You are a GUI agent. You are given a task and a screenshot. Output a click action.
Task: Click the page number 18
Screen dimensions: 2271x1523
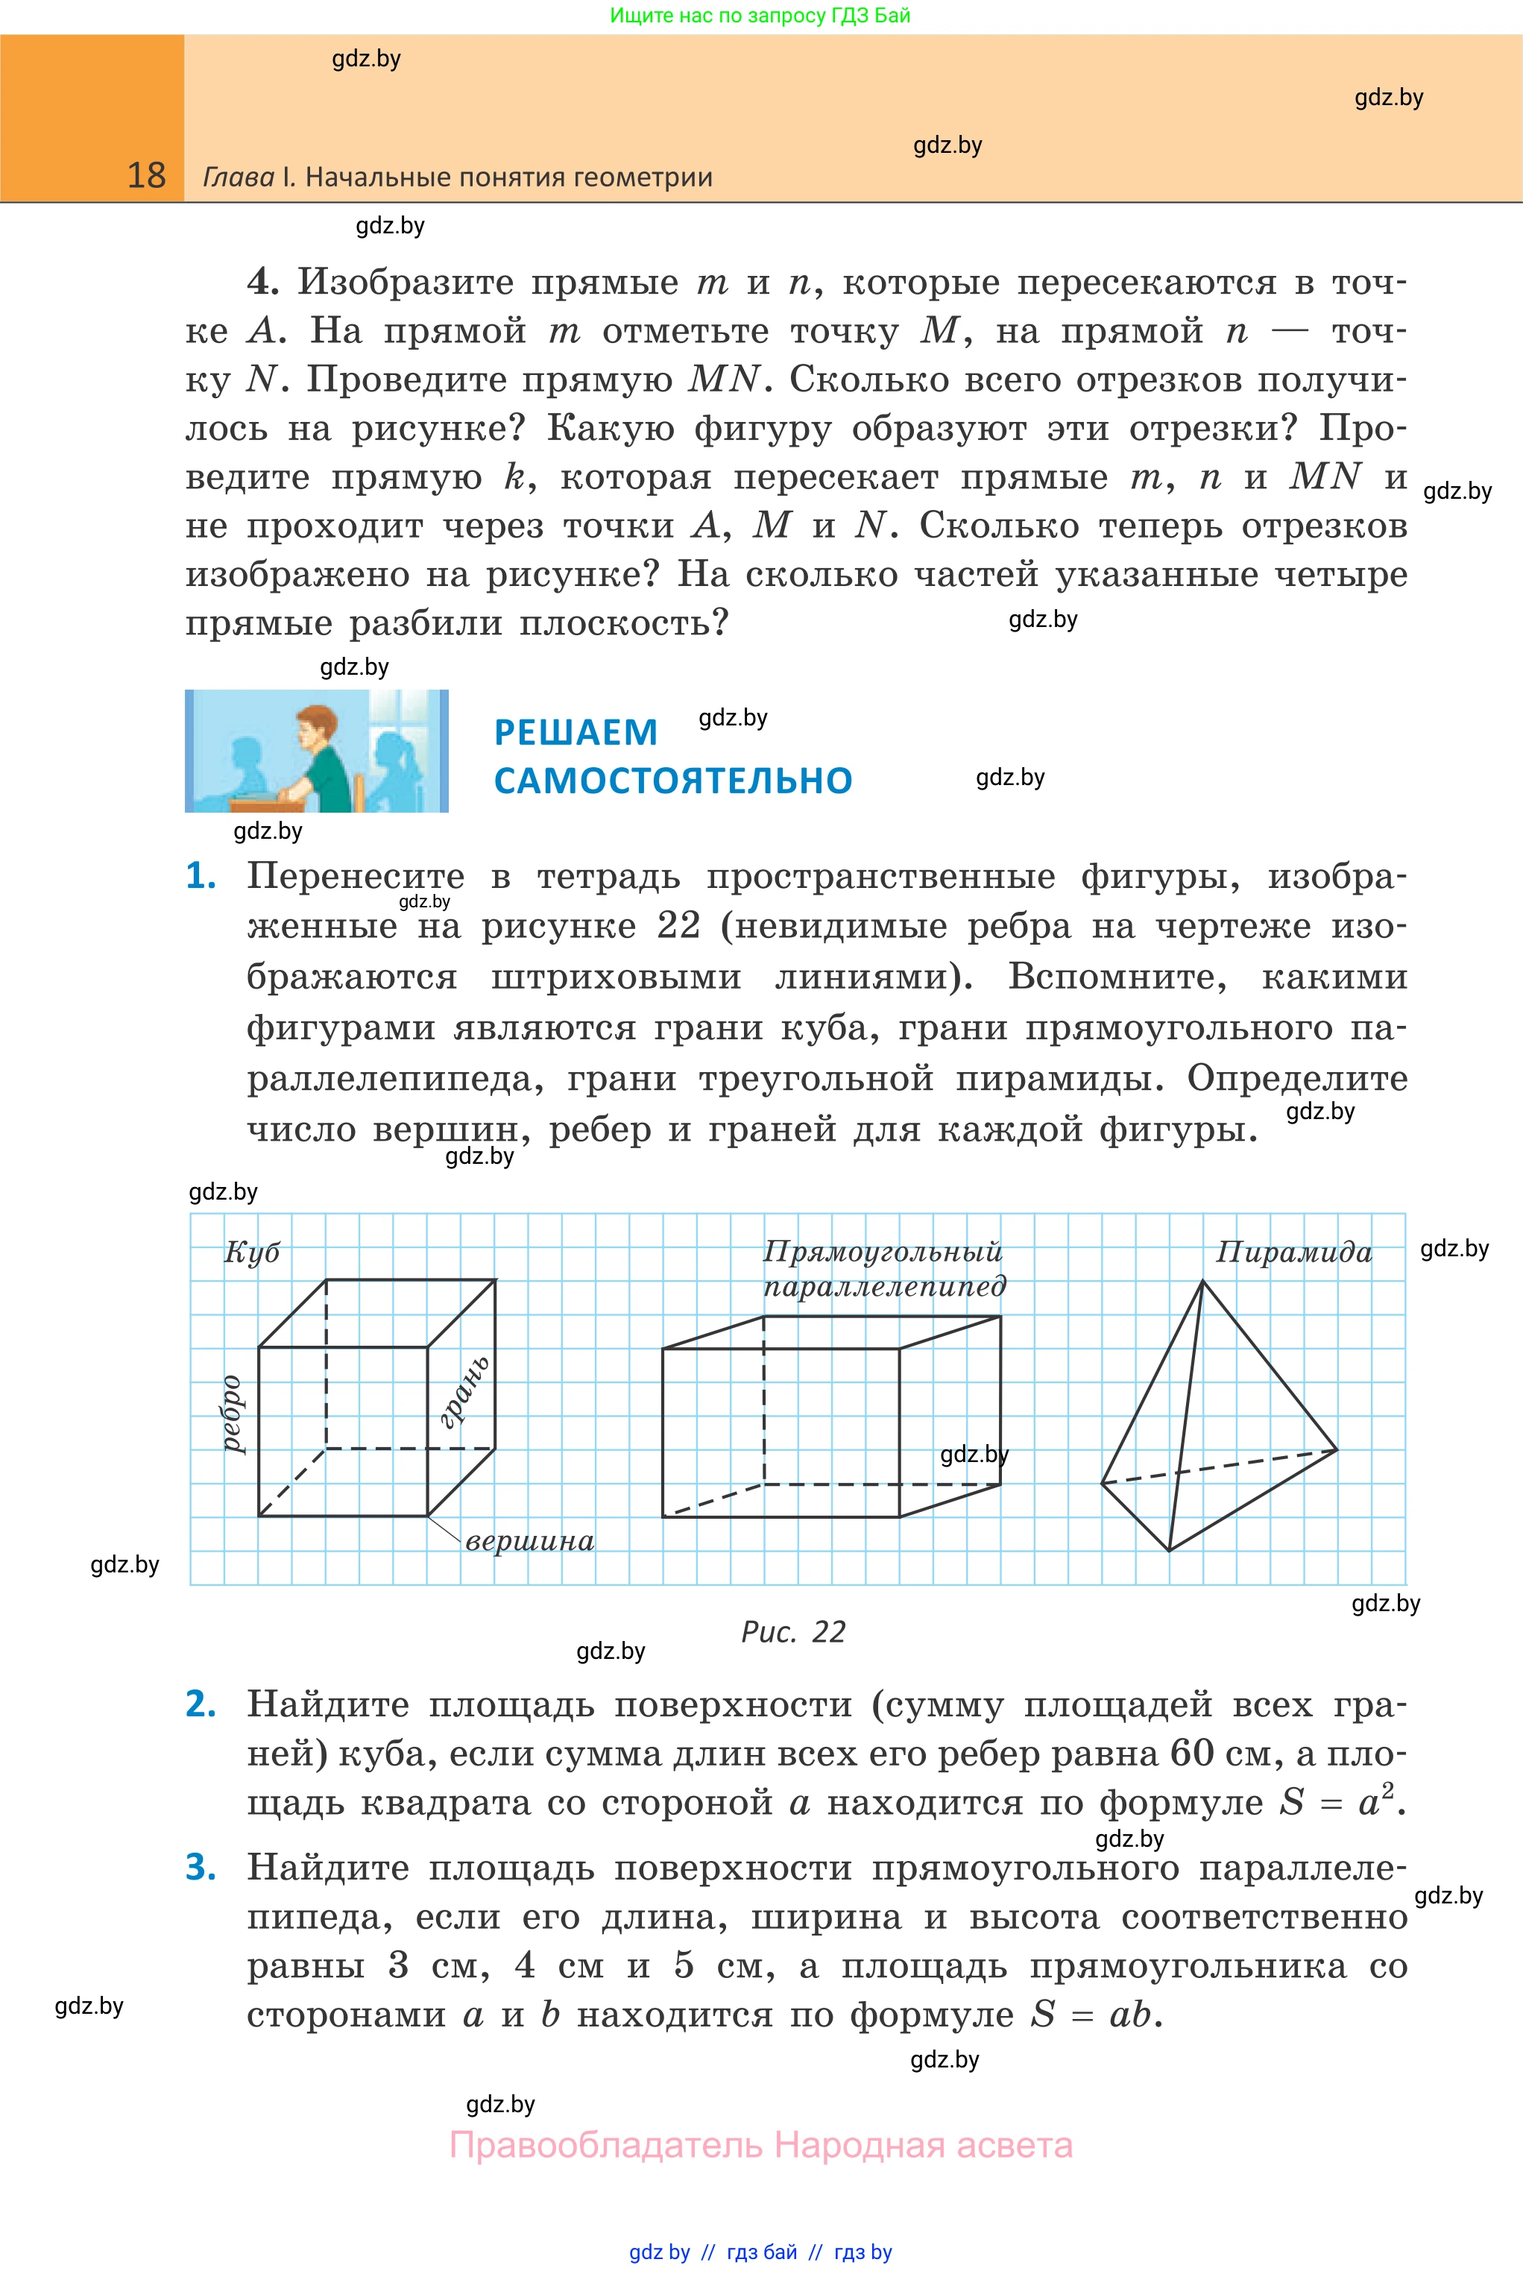[147, 176]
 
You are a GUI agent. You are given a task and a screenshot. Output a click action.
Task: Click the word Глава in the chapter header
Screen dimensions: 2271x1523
[238, 177]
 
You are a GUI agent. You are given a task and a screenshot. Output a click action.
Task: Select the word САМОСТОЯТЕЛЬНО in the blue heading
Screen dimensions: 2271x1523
[672, 781]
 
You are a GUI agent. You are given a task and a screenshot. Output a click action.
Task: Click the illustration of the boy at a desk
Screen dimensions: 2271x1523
[317, 751]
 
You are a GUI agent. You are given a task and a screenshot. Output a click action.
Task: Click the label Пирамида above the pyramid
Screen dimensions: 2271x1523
[1294, 1252]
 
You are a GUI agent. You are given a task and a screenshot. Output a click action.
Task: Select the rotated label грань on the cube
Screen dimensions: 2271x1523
[464, 1392]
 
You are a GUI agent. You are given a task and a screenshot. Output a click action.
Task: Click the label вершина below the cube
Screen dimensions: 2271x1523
[529, 1542]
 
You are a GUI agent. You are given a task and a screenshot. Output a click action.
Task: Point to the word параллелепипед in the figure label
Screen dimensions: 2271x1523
[884, 1286]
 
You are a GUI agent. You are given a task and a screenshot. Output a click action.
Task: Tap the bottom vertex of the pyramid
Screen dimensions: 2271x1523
[1168, 1550]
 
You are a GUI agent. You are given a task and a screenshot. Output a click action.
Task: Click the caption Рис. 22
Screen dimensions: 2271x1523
[792, 1632]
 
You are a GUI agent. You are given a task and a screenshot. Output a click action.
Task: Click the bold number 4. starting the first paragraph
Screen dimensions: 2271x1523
[262, 282]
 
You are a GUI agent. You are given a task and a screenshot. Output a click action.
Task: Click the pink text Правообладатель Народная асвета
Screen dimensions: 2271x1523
[760, 2145]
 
